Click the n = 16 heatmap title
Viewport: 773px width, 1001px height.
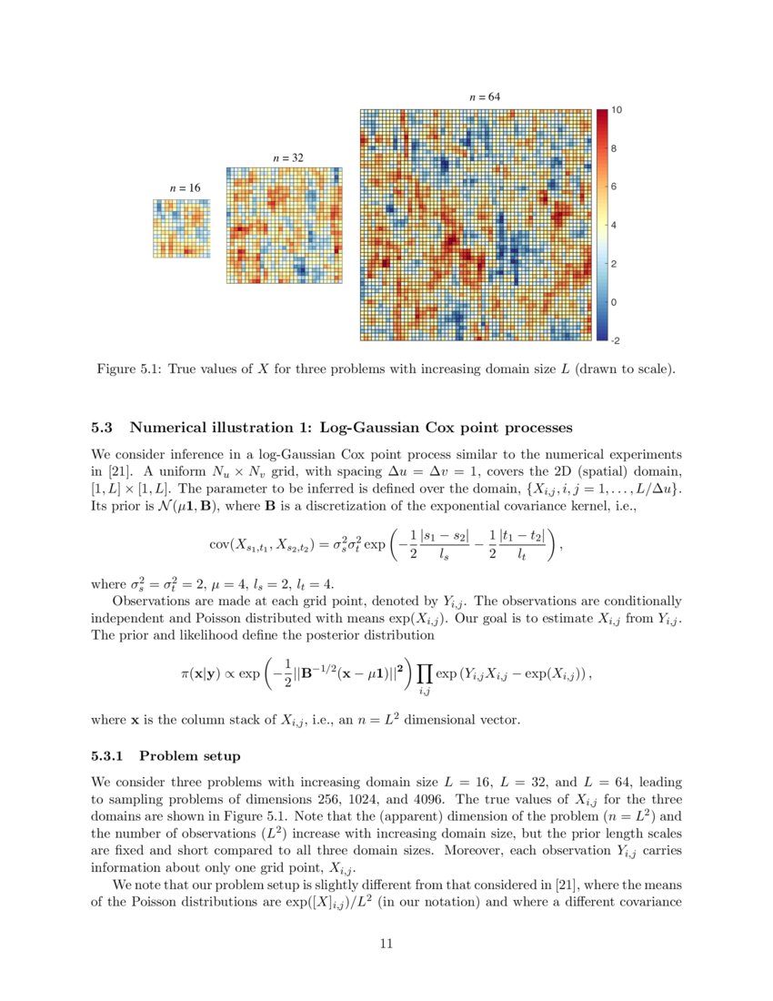click(x=185, y=187)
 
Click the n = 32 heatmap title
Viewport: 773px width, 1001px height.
click(x=287, y=157)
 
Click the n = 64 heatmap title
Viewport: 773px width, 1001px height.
click(x=484, y=96)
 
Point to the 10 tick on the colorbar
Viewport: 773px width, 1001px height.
click(x=616, y=110)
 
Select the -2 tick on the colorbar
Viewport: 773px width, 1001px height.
click(x=616, y=340)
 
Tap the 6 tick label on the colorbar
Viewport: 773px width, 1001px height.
click(x=615, y=187)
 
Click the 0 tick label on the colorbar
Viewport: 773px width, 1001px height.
click(x=615, y=302)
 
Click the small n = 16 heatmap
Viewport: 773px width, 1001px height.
click(x=181, y=227)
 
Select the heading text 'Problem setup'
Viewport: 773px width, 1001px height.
click(x=189, y=756)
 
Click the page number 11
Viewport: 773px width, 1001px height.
click(x=386, y=944)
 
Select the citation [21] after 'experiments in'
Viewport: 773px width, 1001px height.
click(x=116, y=470)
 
